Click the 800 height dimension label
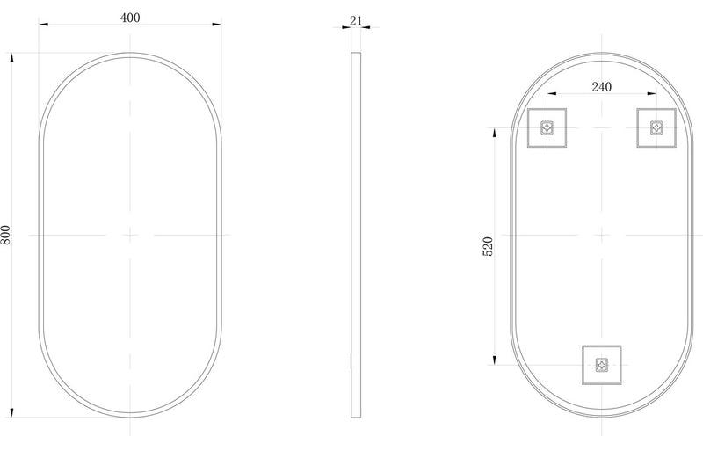click(6, 235)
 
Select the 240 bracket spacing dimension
click(601, 86)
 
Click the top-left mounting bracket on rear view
click(547, 127)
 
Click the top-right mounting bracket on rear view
click(656, 127)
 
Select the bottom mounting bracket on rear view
click(601, 364)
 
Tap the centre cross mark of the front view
click(130, 235)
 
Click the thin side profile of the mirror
click(355, 235)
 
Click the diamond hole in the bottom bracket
click(601, 364)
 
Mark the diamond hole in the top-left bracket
click(547, 127)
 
